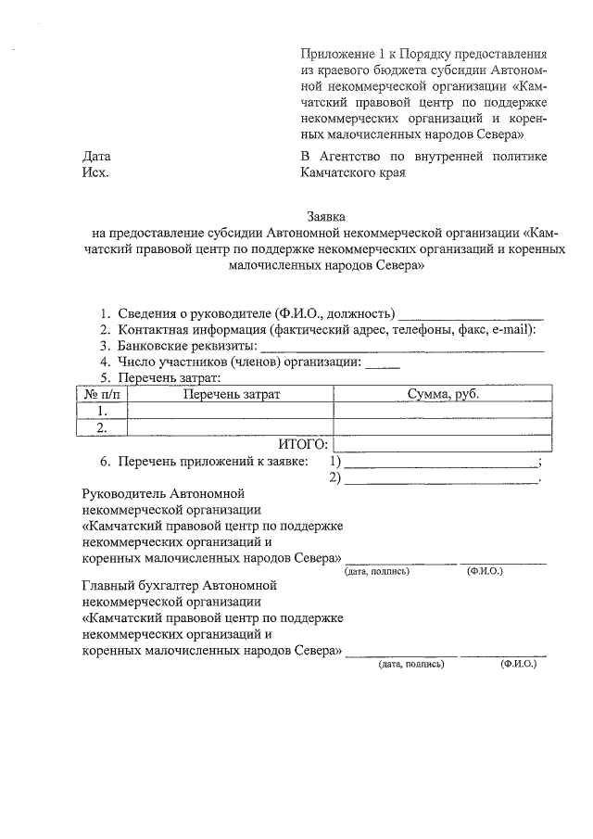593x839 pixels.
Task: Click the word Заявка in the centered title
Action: tap(328, 215)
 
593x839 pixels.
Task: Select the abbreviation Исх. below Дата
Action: tap(96, 172)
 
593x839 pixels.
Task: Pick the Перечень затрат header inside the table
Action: tap(231, 395)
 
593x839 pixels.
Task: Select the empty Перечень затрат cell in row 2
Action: tap(230, 427)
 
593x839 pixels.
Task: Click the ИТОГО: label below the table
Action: tap(304, 444)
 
